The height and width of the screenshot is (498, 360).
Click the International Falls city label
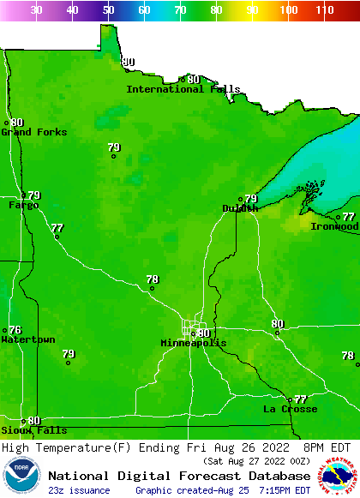click(x=183, y=89)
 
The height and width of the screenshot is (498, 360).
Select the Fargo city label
click(x=23, y=206)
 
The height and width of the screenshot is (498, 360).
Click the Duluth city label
click(x=239, y=208)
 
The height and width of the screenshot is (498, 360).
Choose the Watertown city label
click(x=27, y=340)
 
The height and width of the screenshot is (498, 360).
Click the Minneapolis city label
click(x=194, y=343)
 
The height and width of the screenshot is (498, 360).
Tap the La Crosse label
click(x=290, y=410)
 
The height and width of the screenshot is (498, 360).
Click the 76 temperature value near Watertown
click(x=15, y=330)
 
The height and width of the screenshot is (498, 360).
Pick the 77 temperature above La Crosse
click(x=300, y=399)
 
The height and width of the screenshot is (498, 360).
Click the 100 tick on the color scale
click(x=289, y=9)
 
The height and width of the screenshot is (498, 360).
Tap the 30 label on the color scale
click(x=36, y=9)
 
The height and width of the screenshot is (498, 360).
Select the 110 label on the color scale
click(x=324, y=9)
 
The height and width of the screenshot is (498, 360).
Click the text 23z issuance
click(x=79, y=490)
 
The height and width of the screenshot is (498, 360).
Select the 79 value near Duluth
click(x=251, y=199)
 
